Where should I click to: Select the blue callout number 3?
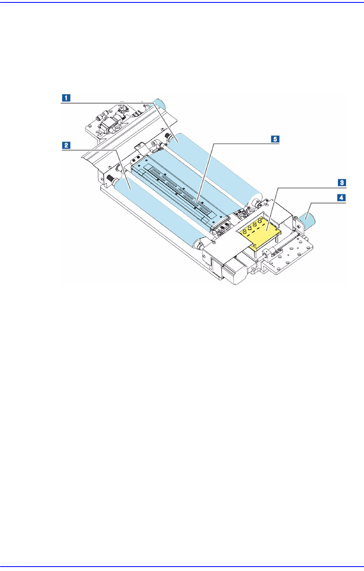[x=342, y=182]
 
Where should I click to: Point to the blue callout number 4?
[x=342, y=198]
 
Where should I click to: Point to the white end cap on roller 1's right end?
[x=256, y=200]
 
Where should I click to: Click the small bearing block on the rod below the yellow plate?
[x=266, y=255]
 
